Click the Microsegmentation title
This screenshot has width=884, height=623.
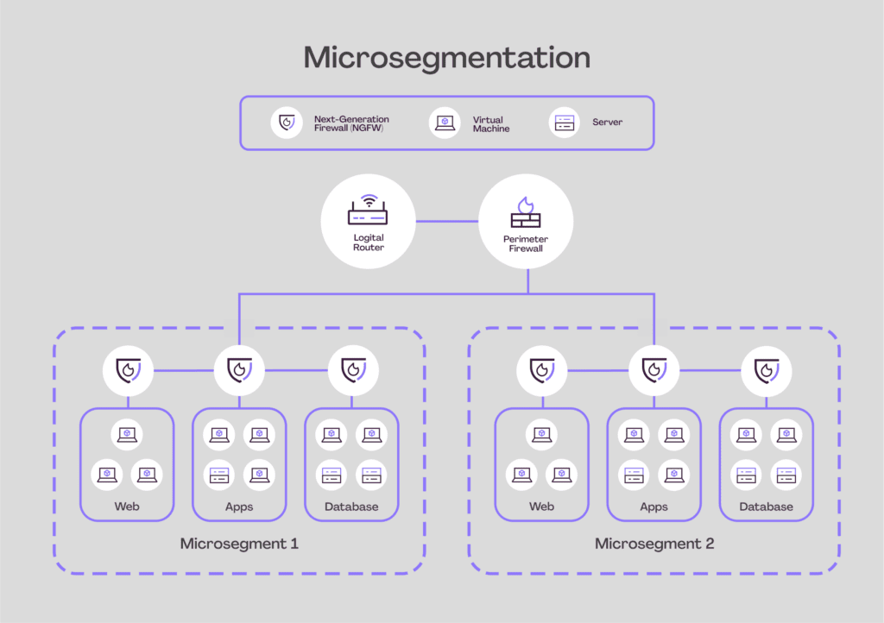(447, 58)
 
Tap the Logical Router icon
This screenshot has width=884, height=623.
(368, 210)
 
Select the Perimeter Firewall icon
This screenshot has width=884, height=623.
(526, 212)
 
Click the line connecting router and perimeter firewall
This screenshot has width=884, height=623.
(447, 222)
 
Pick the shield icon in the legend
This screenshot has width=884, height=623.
(287, 123)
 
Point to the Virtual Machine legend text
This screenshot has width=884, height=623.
(490, 124)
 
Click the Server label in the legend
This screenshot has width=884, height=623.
(607, 123)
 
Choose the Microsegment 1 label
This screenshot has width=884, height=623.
(239, 544)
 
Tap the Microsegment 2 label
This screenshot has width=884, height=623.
(654, 544)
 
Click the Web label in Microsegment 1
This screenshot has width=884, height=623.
(127, 507)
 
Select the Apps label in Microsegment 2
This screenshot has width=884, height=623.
(654, 507)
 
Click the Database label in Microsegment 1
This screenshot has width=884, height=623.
(351, 507)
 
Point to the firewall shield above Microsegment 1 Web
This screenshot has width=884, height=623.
(128, 371)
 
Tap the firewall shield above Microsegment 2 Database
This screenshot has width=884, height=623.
(767, 371)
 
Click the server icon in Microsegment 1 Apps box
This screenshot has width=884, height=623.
(218, 475)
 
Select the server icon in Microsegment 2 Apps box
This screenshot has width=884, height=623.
(634, 475)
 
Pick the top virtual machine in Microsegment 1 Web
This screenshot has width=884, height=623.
(127, 434)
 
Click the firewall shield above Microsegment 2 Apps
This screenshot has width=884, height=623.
(654, 371)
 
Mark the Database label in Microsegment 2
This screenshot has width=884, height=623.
(767, 507)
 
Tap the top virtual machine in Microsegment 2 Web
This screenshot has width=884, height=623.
(542, 434)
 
